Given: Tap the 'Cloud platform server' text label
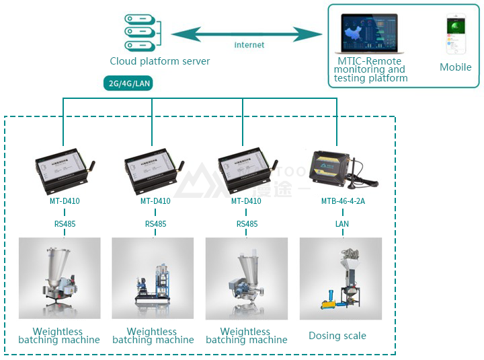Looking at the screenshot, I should pos(160,61).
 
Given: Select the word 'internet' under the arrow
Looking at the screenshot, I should pos(249,45).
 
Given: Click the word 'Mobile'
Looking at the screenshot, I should pos(455,67).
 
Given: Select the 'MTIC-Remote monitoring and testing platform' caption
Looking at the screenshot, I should pos(370,69).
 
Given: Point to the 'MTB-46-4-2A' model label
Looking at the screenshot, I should pos(343,201).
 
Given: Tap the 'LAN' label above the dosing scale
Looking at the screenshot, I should pos(342,223).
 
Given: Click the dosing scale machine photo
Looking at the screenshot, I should pos(340,278).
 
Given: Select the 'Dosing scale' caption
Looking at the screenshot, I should pos(337,336).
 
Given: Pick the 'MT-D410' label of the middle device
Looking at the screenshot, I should pos(155,201).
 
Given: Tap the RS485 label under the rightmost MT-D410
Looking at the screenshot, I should pos(247,224).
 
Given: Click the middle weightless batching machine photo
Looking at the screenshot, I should pos(153,278).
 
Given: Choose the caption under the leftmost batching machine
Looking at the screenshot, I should pos(59,336).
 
